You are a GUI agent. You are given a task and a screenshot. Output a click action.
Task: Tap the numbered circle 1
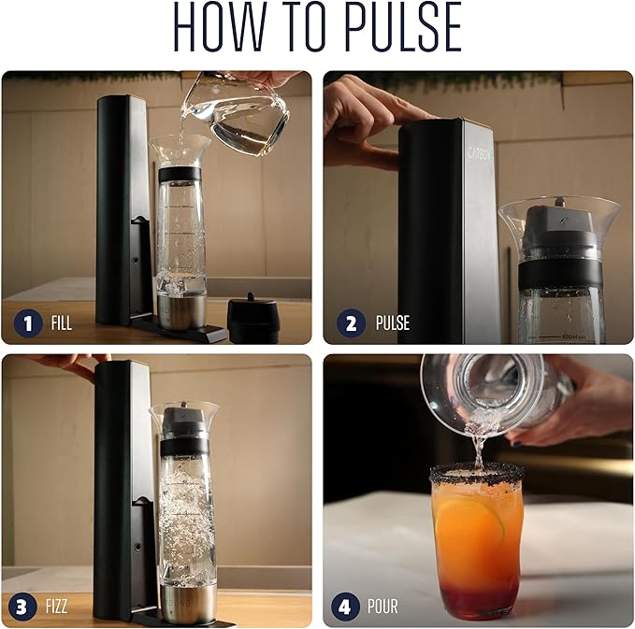(28, 324)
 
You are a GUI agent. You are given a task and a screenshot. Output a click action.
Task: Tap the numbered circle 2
(352, 324)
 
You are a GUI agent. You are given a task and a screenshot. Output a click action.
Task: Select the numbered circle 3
(28, 607)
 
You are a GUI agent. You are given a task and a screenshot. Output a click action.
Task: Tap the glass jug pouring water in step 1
(238, 112)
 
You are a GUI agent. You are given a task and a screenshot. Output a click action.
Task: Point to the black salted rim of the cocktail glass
(475, 476)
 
